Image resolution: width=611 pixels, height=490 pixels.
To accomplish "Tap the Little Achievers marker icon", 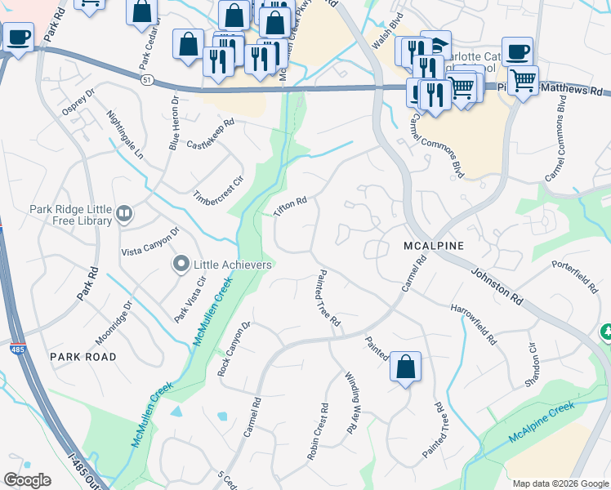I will click(181, 264).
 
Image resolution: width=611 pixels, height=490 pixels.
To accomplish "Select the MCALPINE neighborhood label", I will click(434, 245).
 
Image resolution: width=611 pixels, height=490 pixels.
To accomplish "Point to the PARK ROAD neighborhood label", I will click(83, 357).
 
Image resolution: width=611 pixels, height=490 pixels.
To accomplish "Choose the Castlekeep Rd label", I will click(210, 134).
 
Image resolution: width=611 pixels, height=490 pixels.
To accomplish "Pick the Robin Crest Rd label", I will click(318, 432).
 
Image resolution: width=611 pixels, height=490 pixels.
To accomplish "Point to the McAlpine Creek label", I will click(542, 423).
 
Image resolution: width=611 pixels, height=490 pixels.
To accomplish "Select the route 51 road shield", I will click(145, 78).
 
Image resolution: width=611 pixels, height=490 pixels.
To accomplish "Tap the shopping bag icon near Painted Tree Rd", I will click(405, 367).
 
